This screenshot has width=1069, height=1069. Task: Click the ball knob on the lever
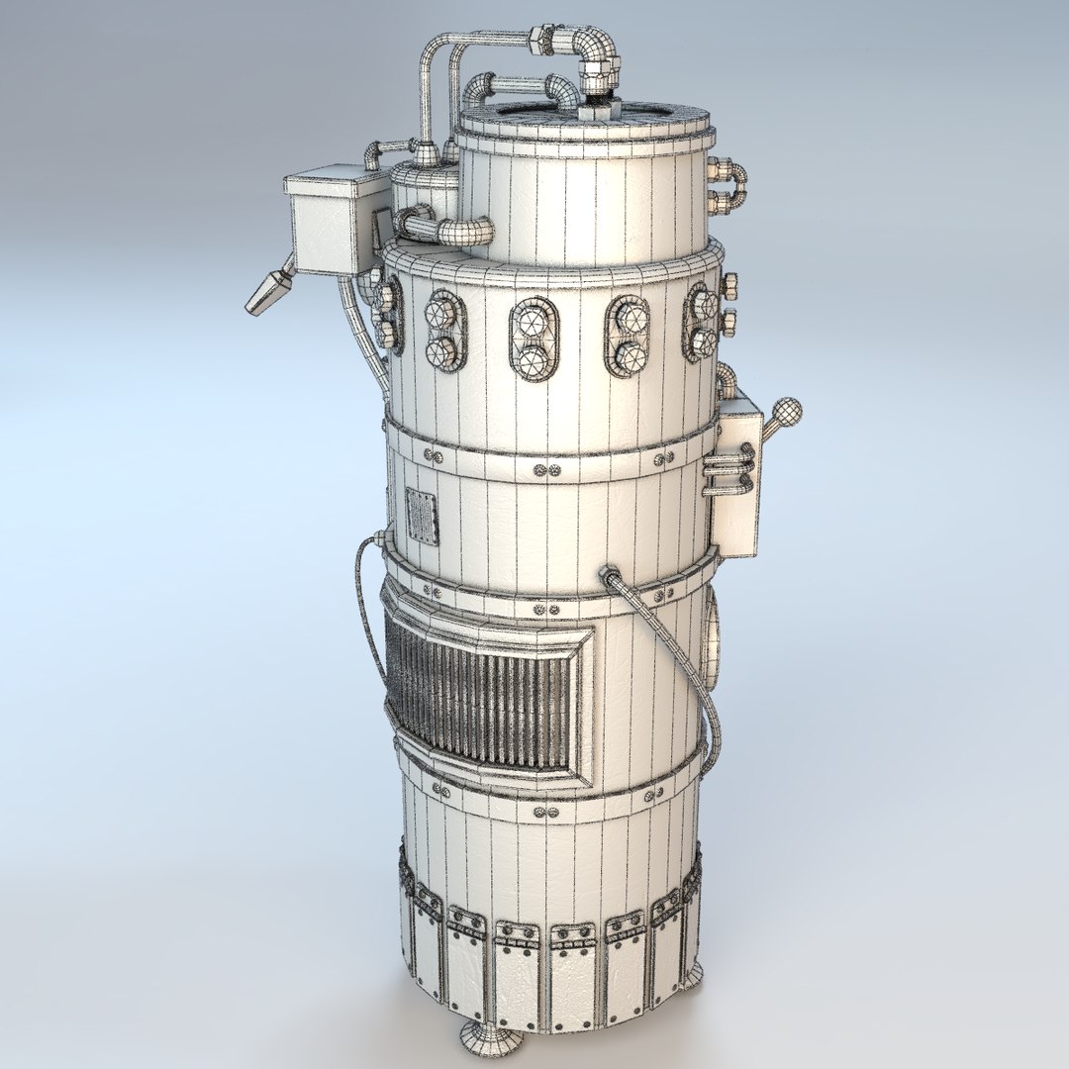[786, 410]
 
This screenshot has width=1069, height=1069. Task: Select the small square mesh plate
[422, 515]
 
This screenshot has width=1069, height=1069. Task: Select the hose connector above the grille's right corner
[609, 574]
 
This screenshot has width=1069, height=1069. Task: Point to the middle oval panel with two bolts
[534, 340]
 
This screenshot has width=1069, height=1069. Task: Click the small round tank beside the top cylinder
[424, 188]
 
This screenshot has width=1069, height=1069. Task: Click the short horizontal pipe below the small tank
[450, 231]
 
